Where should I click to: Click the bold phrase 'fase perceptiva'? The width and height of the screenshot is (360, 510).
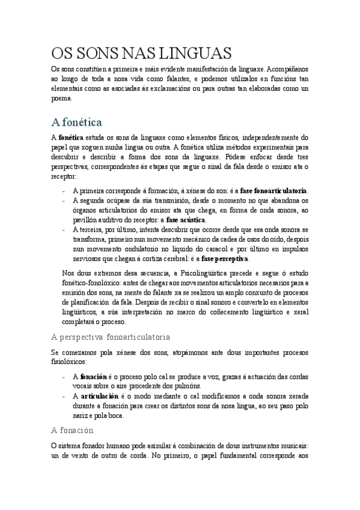pos(224,259)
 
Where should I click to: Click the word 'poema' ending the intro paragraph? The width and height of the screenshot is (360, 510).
pos(61,98)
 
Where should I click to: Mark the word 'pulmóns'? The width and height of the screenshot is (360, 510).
pos(188,386)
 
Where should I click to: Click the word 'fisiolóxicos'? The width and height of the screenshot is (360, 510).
pos(69,362)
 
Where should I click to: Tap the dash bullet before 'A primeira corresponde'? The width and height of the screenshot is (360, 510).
pos(64,191)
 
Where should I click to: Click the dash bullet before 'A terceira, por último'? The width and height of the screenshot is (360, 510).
pos(64,229)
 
